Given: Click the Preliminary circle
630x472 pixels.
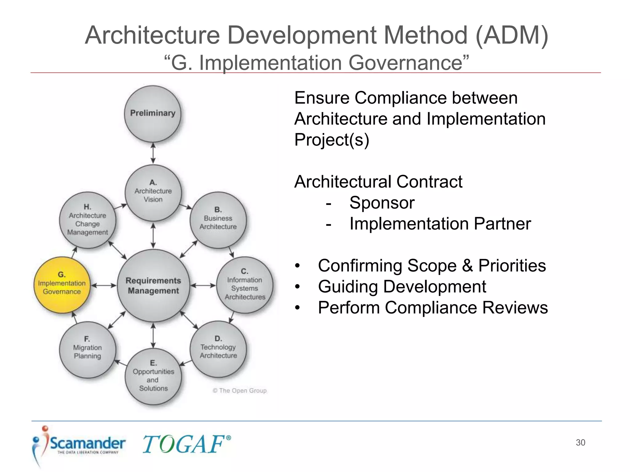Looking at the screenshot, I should click(x=153, y=114).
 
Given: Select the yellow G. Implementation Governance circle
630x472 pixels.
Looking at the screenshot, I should click(x=62, y=285).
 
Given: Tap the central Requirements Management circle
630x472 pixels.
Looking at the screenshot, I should click(x=153, y=285).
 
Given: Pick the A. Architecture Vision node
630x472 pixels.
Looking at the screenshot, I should click(x=153, y=193).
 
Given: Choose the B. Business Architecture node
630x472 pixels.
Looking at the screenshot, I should click(x=218, y=220).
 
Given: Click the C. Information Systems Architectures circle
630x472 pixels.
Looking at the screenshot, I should click(x=245, y=285).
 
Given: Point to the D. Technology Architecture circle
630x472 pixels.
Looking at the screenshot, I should click(x=218, y=349).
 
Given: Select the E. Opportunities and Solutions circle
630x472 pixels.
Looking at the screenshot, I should click(x=153, y=376).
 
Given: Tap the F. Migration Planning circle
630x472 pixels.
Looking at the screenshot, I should click(x=88, y=350).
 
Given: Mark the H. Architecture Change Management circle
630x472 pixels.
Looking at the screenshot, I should click(x=88, y=220).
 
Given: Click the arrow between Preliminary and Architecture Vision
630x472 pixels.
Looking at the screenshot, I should click(x=153, y=153).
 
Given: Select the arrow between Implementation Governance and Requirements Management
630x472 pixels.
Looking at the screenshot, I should click(x=104, y=285).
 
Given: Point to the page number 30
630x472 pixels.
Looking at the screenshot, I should click(x=580, y=442).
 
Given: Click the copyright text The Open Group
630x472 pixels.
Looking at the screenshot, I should click(x=240, y=391).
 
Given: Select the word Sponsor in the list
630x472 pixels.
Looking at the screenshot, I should click(x=382, y=203).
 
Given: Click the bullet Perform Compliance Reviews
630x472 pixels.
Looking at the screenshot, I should click(x=433, y=308).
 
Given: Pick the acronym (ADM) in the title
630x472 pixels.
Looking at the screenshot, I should click(x=512, y=35).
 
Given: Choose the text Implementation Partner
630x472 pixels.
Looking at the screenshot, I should click(x=440, y=224).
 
